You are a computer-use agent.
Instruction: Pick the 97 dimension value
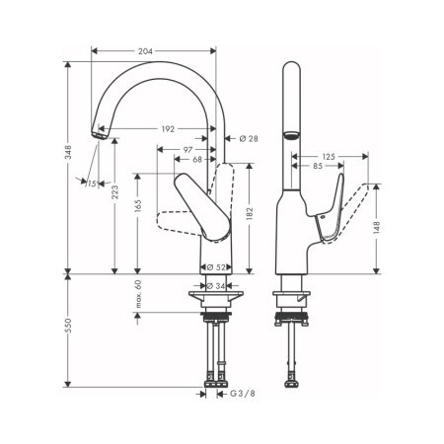pos(186,149)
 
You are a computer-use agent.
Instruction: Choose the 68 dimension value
pos(197,160)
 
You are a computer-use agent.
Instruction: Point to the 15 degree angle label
pos(92,184)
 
